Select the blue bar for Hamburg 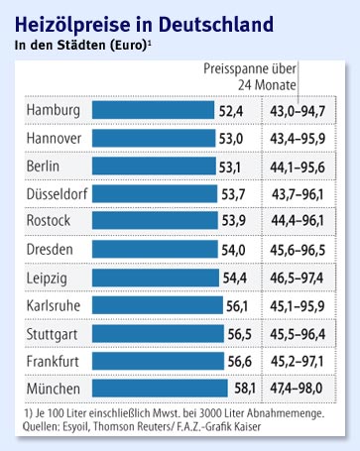(x=156, y=109)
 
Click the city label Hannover (x=60, y=137)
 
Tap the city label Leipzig (x=53, y=279)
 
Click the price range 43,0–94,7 (x=307, y=109)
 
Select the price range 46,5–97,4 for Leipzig (x=307, y=279)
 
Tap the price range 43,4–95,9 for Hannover (x=307, y=137)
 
